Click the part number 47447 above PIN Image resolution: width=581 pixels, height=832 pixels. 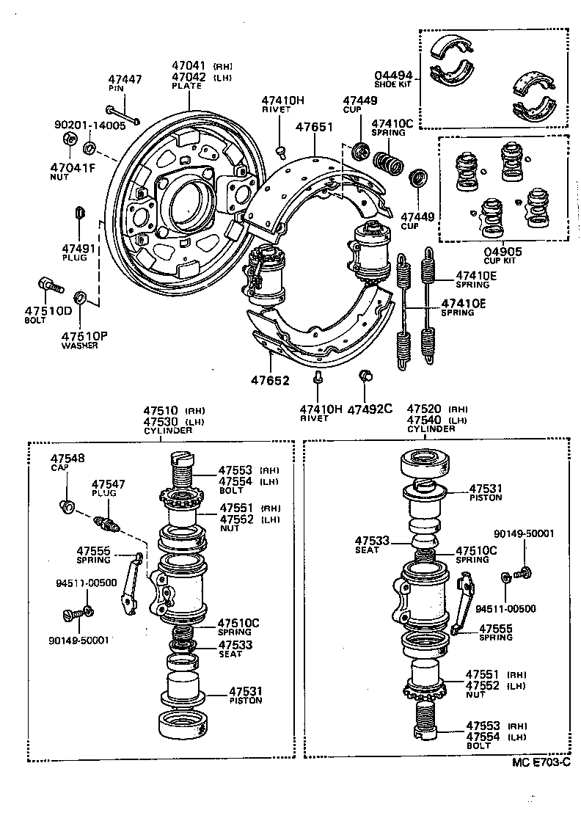pos(125,79)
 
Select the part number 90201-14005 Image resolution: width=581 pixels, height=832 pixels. pos(89,125)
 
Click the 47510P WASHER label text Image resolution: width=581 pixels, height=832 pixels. pos(84,340)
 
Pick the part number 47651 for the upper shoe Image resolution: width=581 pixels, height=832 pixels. pos(314,127)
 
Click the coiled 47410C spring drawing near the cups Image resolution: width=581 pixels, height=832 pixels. pos(387,162)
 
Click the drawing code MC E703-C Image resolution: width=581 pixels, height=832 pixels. pos(541,762)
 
